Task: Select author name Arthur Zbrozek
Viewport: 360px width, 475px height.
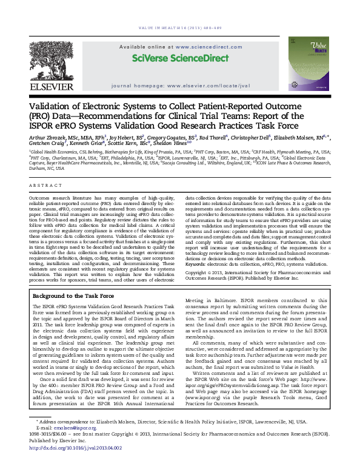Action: pyautogui.click(x=52, y=138)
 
